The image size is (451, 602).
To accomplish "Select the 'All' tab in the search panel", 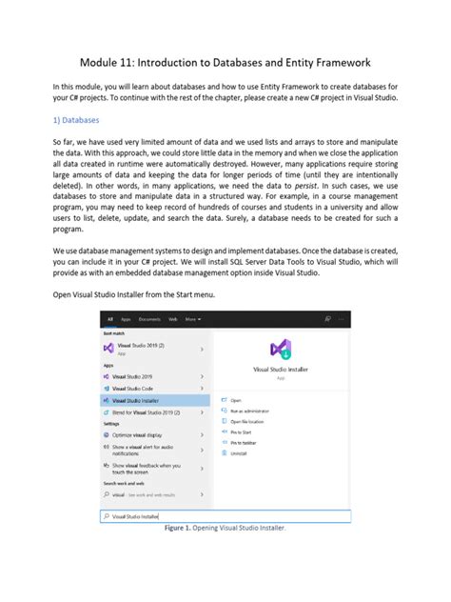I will (110, 319).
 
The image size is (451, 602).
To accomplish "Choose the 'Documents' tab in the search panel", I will (149, 319).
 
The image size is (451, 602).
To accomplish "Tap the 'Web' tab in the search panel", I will (173, 319).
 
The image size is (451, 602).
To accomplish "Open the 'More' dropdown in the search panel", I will (194, 319).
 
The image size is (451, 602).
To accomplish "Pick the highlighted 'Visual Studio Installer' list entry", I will (143, 401).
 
